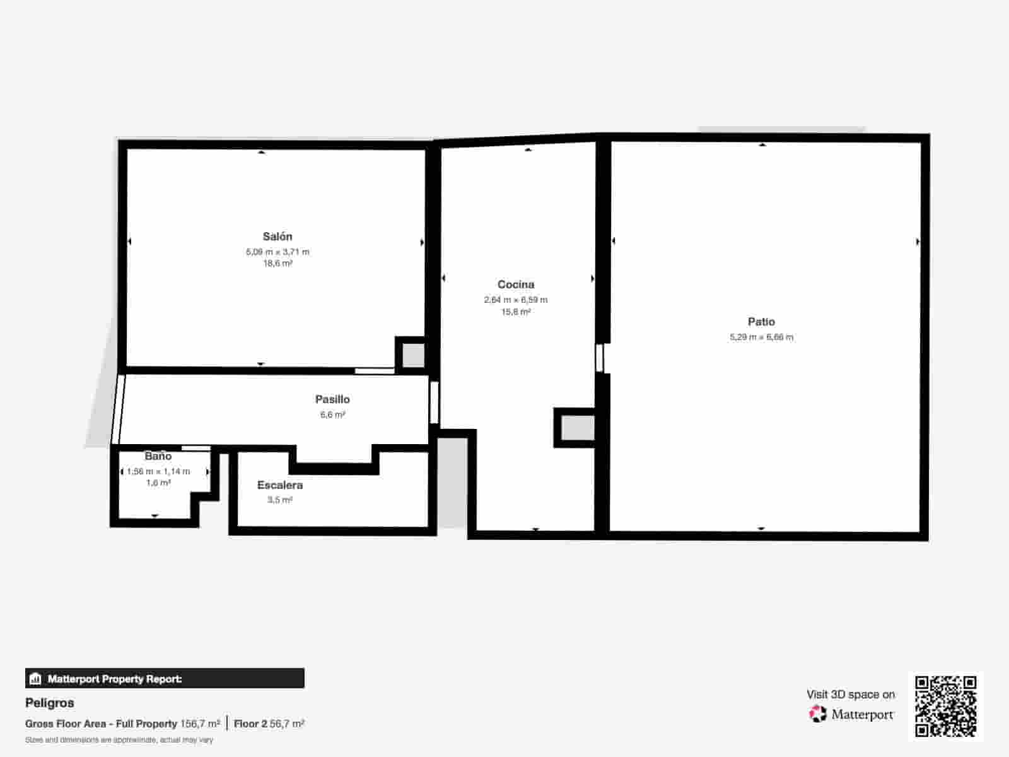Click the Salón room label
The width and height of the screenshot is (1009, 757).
click(277, 237)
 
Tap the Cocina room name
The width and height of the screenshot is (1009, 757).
click(516, 285)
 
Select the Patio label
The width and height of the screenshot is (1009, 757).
click(761, 322)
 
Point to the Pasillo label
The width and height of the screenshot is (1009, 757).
click(332, 399)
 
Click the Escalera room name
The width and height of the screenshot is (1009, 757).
click(280, 485)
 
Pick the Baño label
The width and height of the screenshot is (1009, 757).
click(158, 456)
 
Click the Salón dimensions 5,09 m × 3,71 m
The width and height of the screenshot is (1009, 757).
click(277, 252)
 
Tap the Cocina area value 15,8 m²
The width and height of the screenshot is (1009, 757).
click(516, 312)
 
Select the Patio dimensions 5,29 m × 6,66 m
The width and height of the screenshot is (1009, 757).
click(761, 337)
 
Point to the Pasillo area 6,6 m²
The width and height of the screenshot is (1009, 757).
click(332, 414)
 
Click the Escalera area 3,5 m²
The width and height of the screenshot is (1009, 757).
click(280, 500)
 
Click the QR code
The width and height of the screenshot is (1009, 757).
click(945, 706)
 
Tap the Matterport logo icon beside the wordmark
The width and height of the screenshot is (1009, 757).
click(818, 714)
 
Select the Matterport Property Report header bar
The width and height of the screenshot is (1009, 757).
click(165, 679)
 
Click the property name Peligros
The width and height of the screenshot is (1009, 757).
click(50, 703)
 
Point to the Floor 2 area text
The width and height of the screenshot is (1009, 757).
click(269, 724)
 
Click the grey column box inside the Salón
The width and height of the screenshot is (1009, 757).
click(413, 355)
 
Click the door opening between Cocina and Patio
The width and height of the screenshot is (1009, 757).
click(600, 358)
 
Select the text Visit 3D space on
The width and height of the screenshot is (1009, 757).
click(850, 694)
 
